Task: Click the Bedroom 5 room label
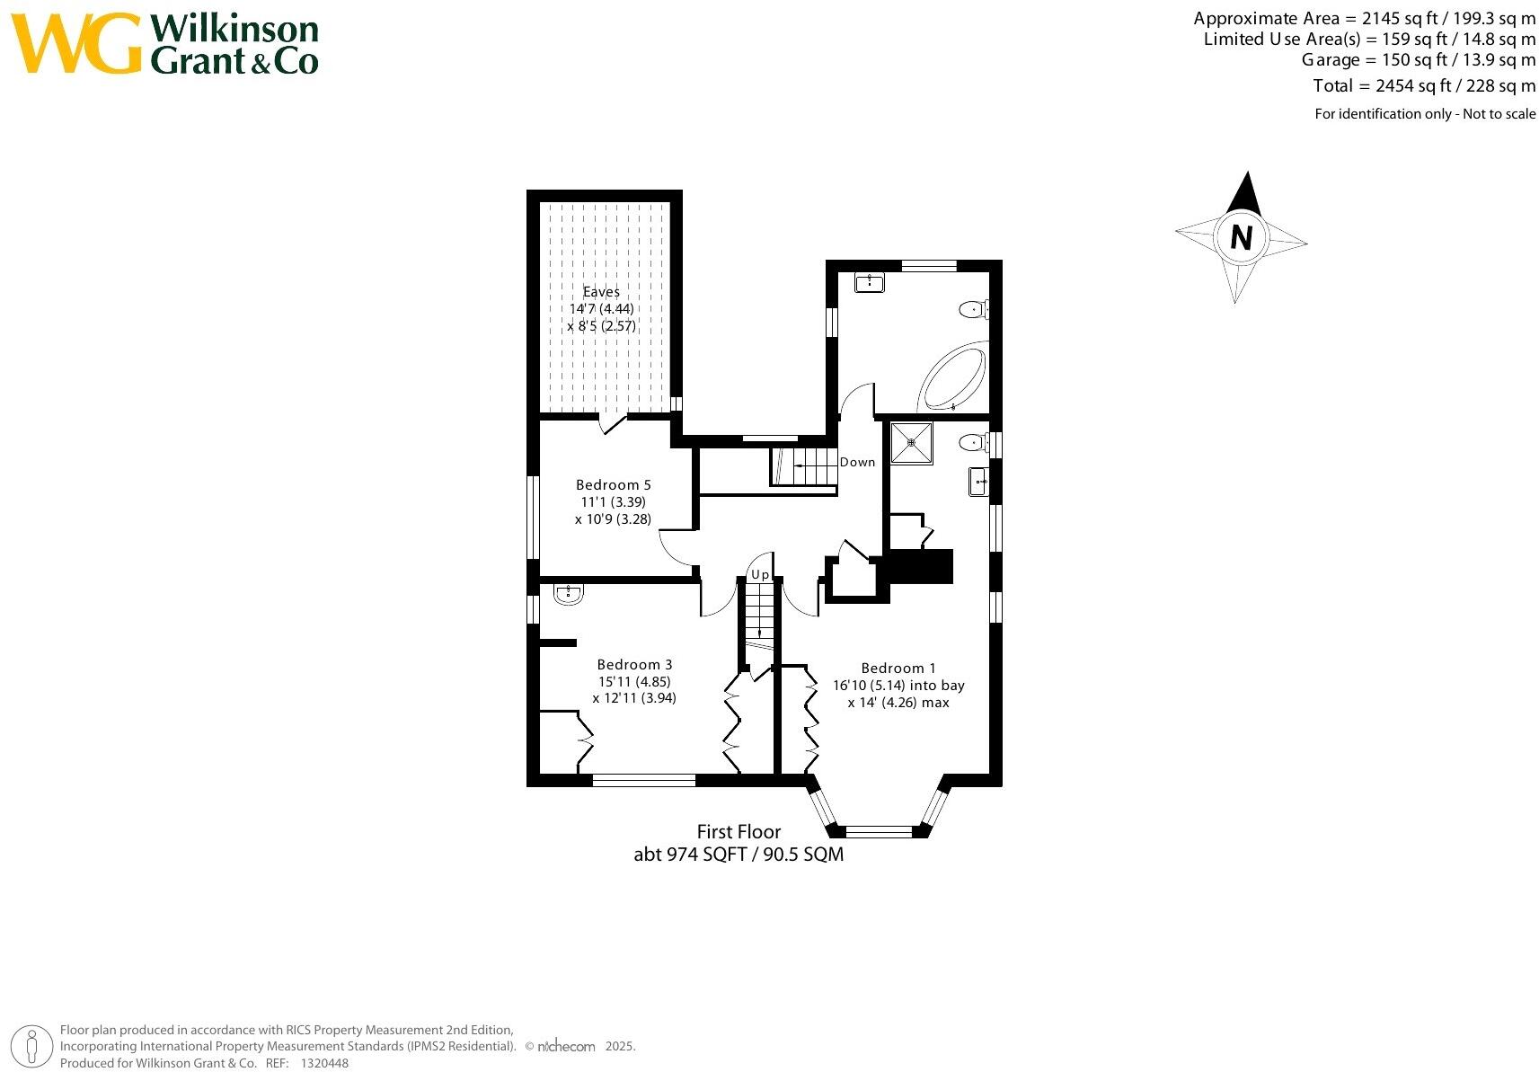coord(613,485)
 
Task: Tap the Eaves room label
coord(601,292)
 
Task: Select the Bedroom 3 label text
coord(634,665)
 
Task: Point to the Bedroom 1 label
coord(898,669)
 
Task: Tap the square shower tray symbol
coord(911,443)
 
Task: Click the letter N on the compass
coord(1242,238)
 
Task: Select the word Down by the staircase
coord(857,462)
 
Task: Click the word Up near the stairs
coord(760,574)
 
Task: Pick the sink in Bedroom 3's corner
coord(569,593)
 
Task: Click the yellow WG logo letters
coord(76,43)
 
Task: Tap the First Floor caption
coord(739,832)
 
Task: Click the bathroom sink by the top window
coord(870,283)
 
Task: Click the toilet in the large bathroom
coord(972,310)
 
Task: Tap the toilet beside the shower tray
coord(971,442)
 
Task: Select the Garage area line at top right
coord(1418,60)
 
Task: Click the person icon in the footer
coord(32,1047)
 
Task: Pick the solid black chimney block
coord(919,567)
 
